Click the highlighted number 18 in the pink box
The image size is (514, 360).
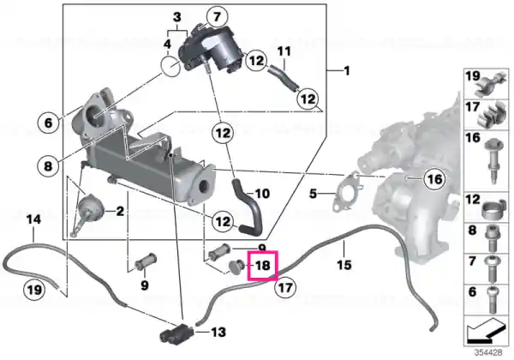point(263,266)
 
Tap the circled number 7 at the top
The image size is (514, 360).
point(217,17)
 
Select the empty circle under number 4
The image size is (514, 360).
point(170,67)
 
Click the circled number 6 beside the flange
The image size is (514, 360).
point(48,123)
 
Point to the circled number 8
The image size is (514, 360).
point(48,166)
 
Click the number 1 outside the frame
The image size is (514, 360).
point(346,71)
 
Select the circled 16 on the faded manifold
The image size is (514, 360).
point(434,179)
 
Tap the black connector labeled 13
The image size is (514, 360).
point(176,333)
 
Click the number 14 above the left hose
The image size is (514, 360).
point(33,219)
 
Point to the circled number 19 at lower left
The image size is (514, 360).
point(34,290)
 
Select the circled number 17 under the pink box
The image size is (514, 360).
point(285,288)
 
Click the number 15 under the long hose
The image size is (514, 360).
point(344,265)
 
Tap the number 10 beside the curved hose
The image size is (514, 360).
point(262,194)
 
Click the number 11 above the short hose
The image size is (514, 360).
point(284,51)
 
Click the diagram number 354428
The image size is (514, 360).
point(488,352)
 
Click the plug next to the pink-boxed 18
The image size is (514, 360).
point(236,267)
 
